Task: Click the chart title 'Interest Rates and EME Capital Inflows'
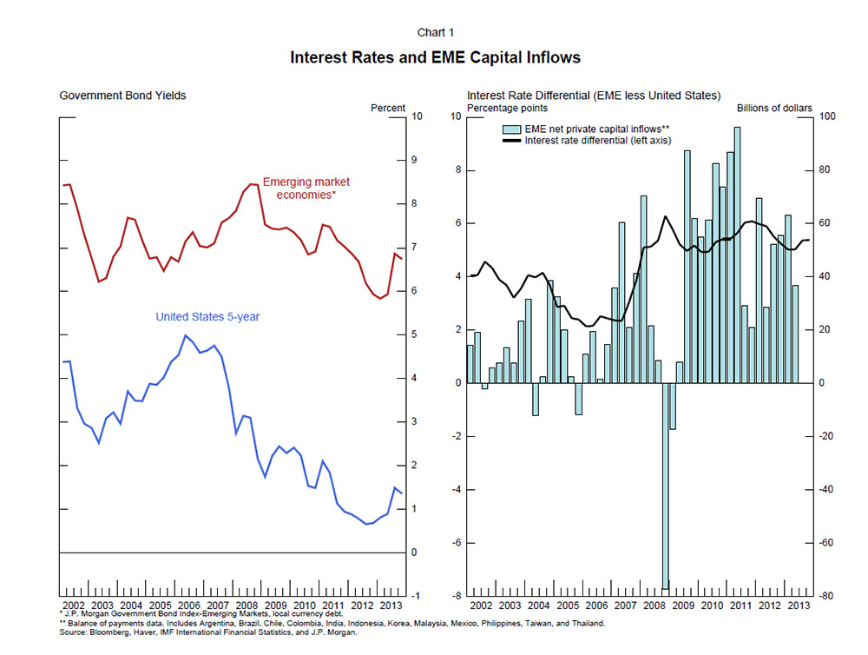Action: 435,57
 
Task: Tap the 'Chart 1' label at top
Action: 435,32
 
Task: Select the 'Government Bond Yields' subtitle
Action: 122,95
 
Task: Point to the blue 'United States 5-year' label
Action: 207,317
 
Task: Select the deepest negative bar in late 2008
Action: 665,486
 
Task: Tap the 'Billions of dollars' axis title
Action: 774,108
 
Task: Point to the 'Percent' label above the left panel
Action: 388,108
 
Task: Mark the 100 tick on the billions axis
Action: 828,116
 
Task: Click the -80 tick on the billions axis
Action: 828,596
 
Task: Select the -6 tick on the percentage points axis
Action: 457,543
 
